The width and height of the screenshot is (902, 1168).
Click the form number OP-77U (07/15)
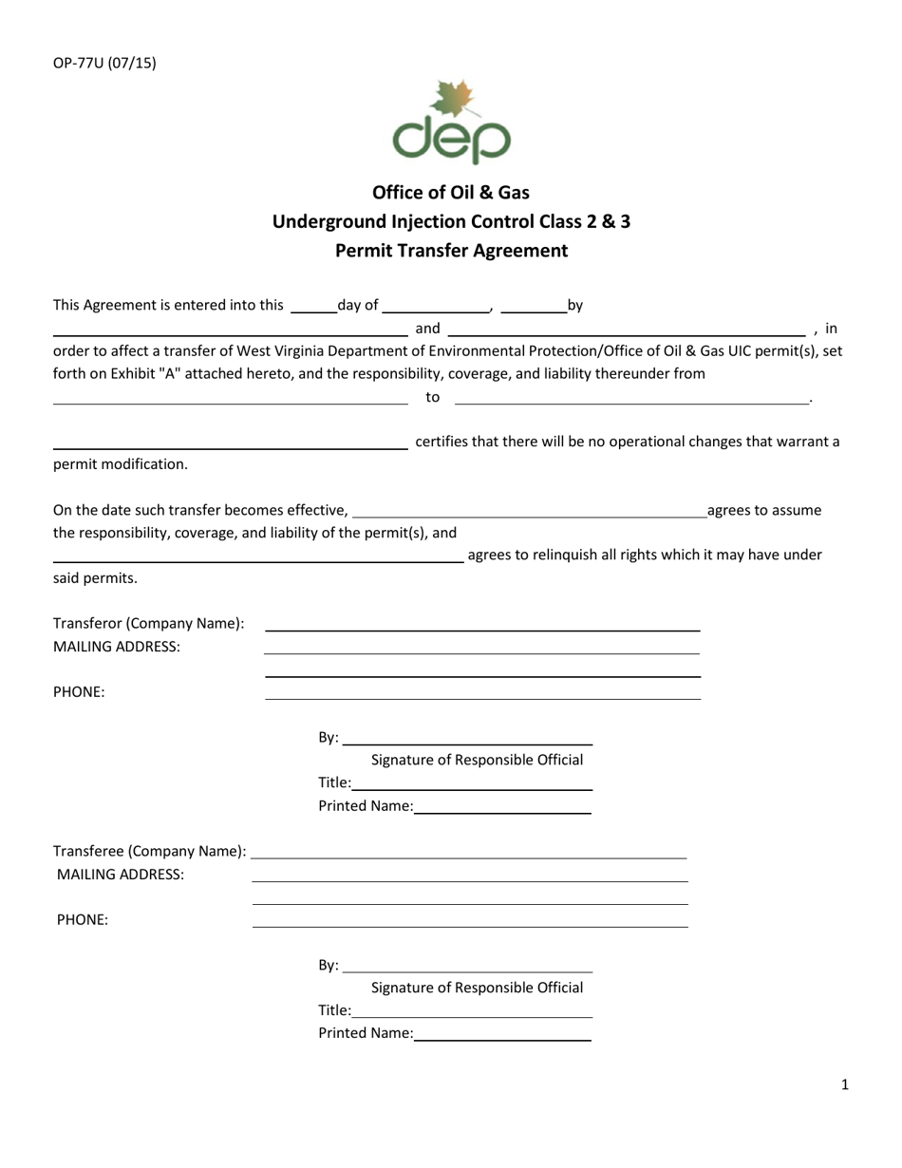point(104,65)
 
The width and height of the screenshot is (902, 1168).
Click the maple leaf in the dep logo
point(452,101)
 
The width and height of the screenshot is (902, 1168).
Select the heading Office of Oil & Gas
point(451,193)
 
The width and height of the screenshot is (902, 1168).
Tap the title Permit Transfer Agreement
point(451,252)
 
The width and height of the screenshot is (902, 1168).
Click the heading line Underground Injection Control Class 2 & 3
point(451,222)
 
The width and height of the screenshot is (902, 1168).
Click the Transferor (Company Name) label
point(149,624)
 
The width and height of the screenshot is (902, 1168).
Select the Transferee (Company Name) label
point(150,851)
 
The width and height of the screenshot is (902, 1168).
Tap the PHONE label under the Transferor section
point(79,692)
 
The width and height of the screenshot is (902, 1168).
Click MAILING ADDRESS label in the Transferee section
point(121,875)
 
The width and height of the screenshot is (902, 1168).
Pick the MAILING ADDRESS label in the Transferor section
point(116,647)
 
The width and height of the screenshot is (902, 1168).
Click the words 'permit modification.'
point(121,464)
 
